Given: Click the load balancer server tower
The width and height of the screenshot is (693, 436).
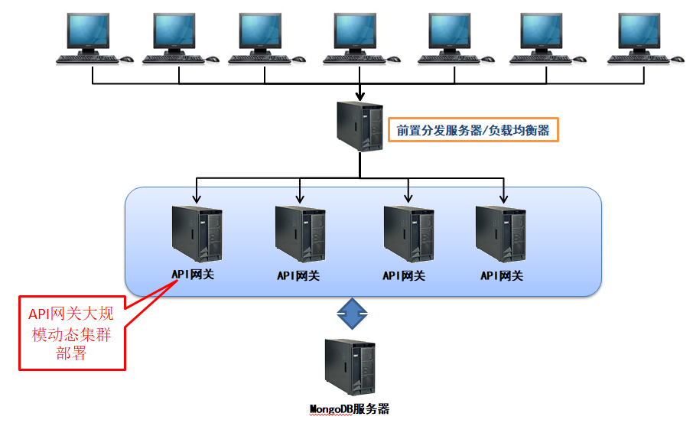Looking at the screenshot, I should (x=360, y=127).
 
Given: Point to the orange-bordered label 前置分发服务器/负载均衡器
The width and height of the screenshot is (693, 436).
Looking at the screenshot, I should (x=473, y=131).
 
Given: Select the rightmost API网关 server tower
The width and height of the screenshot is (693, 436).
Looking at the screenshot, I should (x=501, y=233).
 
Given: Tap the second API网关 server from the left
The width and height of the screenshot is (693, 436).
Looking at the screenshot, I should (x=300, y=233).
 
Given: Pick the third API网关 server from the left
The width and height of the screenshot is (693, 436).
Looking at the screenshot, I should (x=408, y=233).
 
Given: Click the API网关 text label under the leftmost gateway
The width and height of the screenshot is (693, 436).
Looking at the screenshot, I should (x=193, y=274).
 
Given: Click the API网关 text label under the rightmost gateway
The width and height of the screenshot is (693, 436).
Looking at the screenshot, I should (x=502, y=275).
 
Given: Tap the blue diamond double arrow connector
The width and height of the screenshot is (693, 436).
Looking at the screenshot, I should (x=353, y=313).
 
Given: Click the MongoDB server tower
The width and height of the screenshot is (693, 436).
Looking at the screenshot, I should (x=350, y=367).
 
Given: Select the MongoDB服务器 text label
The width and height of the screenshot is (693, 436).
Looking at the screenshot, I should (x=350, y=409).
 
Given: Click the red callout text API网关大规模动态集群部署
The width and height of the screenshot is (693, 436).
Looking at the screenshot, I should (x=70, y=333).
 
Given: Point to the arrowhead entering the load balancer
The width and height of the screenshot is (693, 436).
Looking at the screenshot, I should (x=360, y=96).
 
